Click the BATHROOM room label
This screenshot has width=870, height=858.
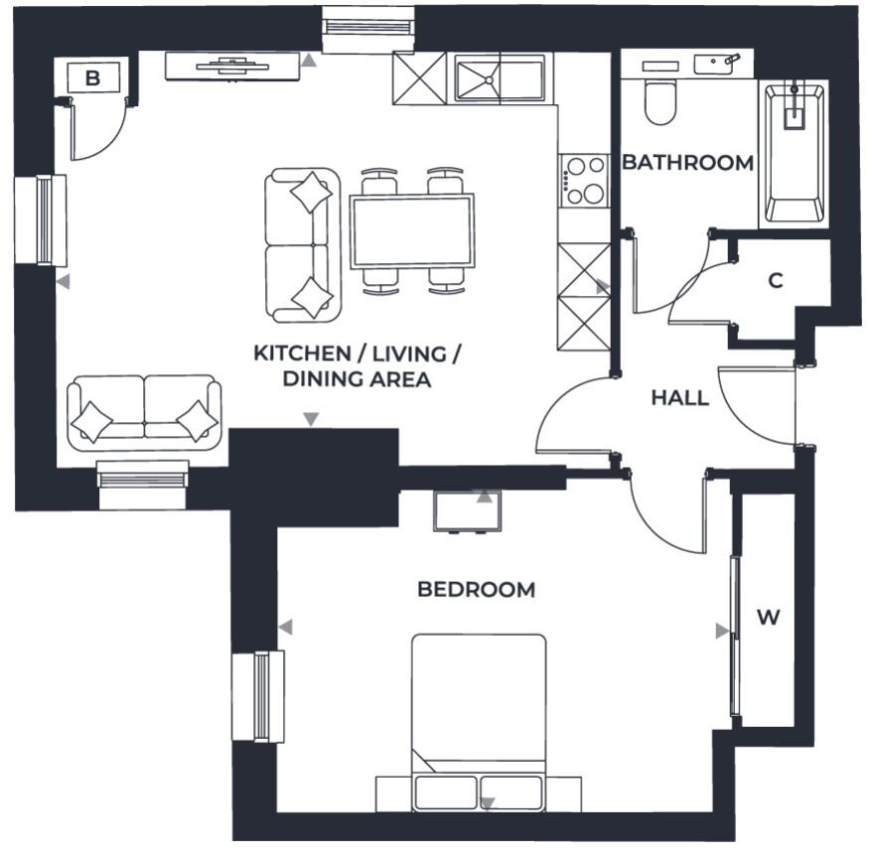(x=687, y=163)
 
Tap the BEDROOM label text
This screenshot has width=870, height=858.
(x=476, y=590)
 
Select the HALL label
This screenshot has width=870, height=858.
(x=679, y=398)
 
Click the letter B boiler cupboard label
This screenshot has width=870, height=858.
(x=92, y=78)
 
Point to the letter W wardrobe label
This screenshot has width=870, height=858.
(x=768, y=618)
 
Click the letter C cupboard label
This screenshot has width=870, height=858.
(x=776, y=281)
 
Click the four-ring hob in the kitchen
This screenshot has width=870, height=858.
(x=583, y=181)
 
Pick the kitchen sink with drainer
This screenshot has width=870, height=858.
(x=500, y=78)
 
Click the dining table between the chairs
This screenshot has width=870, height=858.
(x=411, y=230)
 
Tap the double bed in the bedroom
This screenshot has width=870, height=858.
(x=479, y=715)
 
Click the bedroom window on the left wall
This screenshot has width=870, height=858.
(x=258, y=695)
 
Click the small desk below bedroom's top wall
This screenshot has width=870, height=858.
(x=467, y=510)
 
